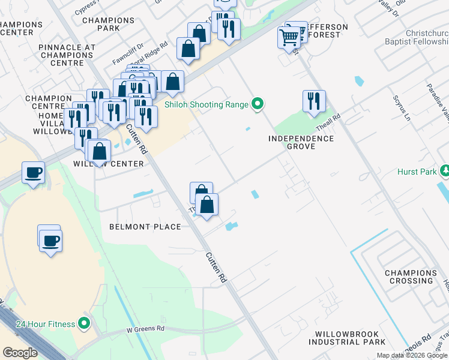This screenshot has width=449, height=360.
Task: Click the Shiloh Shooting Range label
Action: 206,105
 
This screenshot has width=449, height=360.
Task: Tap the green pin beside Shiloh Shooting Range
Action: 258,104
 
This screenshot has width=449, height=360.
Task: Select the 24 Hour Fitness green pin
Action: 84,324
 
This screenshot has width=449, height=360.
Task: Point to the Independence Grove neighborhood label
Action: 301,142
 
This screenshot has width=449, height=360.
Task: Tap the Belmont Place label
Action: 145,227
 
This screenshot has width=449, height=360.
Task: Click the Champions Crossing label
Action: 411,277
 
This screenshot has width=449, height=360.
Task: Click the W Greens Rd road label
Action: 145,329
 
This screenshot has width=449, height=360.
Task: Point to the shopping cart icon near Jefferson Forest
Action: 289,38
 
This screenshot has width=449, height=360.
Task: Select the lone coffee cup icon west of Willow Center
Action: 33,173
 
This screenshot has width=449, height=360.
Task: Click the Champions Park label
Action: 109,24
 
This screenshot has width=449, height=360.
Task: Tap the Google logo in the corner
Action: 20,353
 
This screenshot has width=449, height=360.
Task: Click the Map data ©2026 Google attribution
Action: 412,355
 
